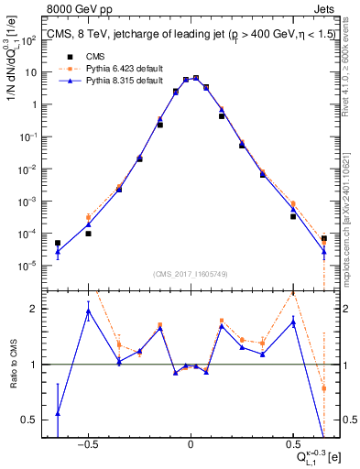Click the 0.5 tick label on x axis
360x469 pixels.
point(292,444)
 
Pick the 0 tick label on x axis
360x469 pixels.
point(190,444)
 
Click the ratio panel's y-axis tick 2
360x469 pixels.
point(33,309)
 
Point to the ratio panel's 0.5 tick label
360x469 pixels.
point(29,420)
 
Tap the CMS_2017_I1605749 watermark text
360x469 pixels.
point(190,275)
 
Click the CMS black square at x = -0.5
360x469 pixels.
point(88,234)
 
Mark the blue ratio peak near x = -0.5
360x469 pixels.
point(88,311)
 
